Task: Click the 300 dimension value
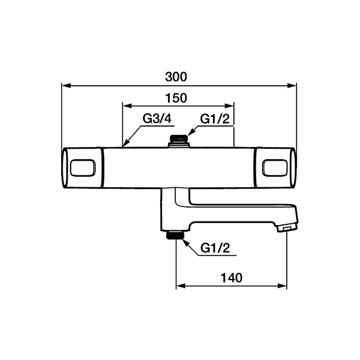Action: pyautogui.click(x=176, y=77)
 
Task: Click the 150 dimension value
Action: pyautogui.click(x=176, y=98)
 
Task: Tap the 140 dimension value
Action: pyautogui.click(x=232, y=278)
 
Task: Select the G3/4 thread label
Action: pyautogui.click(x=157, y=119)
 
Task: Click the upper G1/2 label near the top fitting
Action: pyautogui.click(x=215, y=119)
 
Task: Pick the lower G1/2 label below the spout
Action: pyautogui.click(x=215, y=248)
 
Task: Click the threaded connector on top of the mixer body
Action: pyautogui.click(x=179, y=138)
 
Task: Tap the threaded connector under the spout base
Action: pyautogui.click(x=176, y=235)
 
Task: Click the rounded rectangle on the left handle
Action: pyautogui.click(x=83, y=168)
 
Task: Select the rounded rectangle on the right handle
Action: pyautogui.click(x=275, y=168)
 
